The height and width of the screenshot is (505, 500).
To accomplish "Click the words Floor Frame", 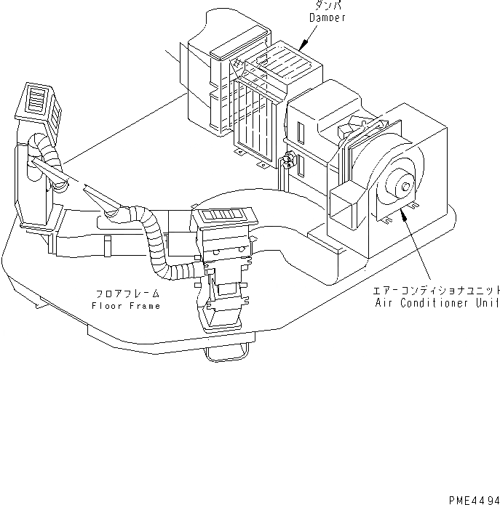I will (x=126, y=305).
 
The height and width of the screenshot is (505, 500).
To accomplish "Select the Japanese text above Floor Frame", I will (x=127, y=294).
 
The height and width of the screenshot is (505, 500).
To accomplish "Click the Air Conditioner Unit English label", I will (x=437, y=303).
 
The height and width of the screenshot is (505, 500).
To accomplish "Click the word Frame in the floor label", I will (x=146, y=305).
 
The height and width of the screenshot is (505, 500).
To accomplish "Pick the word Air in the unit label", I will (x=383, y=303).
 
